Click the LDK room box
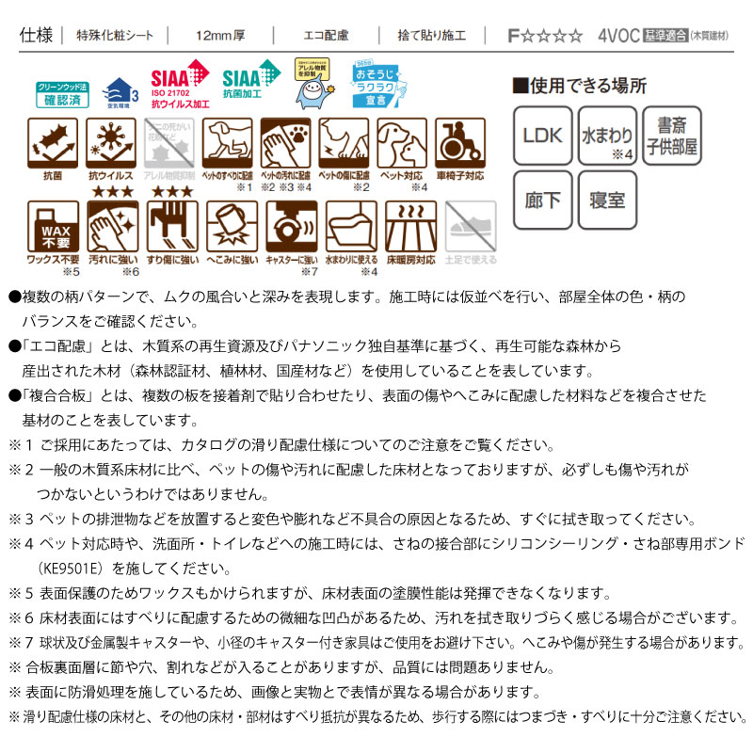coord(542,135)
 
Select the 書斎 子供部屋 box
coord(672,135)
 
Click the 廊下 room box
coord(542,200)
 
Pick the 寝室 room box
coord(607,200)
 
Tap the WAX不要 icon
coord(54,226)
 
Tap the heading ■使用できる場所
coord(579,86)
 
